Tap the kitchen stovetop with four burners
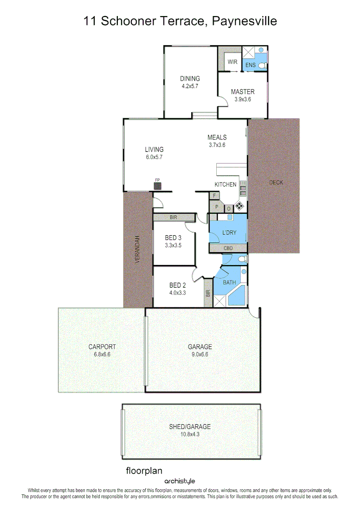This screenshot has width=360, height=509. click(x=240, y=206)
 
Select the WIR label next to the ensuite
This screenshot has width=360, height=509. click(x=232, y=62)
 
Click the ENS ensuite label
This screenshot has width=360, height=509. click(x=250, y=65)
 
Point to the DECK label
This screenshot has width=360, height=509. click(x=276, y=182)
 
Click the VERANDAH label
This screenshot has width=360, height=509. click(x=138, y=249)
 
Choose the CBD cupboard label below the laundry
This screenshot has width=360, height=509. click(x=228, y=248)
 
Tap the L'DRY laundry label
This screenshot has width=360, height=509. click(x=229, y=233)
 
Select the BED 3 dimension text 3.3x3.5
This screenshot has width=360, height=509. click(x=173, y=246)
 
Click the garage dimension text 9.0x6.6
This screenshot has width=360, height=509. click(x=201, y=354)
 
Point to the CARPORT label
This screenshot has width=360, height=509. click(x=102, y=347)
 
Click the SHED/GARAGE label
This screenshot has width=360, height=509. click(x=190, y=427)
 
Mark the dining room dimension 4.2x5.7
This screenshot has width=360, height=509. click(x=190, y=86)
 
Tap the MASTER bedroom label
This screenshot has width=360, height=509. click(x=243, y=92)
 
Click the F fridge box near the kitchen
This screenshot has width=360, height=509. click(x=215, y=195)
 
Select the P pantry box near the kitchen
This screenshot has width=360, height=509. click(x=217, y=206)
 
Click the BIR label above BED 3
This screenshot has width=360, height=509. click(x=173, y=217)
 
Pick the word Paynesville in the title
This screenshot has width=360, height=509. click(x=244, y=21)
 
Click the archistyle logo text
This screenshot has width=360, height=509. click(x=180, y=481)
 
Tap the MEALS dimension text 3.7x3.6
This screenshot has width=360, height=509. click(x=217, y=145)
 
